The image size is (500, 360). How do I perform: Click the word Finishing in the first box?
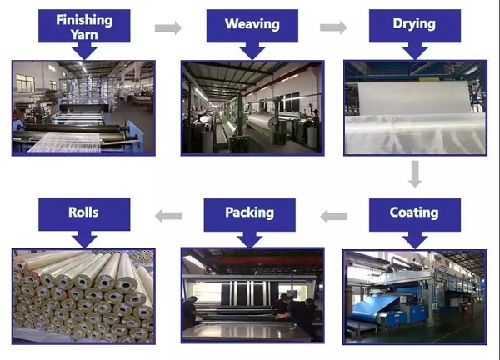pos(84,20)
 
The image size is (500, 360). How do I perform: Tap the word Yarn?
pos(84,35)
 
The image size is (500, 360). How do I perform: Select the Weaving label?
pos(252,24)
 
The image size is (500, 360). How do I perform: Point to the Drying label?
pos(414,23)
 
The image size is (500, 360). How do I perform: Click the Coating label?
pos(414,212)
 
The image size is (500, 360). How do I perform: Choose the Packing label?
pos(250,212)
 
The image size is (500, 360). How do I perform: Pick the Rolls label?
pos(83,212)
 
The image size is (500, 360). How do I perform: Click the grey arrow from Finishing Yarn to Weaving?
pos(168,27)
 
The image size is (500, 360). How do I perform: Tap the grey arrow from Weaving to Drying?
pos(333,27)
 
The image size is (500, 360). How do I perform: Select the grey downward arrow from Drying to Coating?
pos(415,174)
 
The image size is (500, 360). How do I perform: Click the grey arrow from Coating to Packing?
pos(333,217)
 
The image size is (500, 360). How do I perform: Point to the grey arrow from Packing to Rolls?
pos(168,216)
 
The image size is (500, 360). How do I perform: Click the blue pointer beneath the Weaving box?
pos(252,51)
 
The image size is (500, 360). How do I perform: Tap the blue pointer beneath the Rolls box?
pos(84,239)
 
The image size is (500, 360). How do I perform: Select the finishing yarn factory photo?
pos(83,108)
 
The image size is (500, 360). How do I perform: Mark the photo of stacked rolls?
pos(83,297)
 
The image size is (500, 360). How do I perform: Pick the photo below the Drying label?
pos(415,107)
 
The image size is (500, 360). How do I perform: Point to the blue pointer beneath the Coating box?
pos(415,240)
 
